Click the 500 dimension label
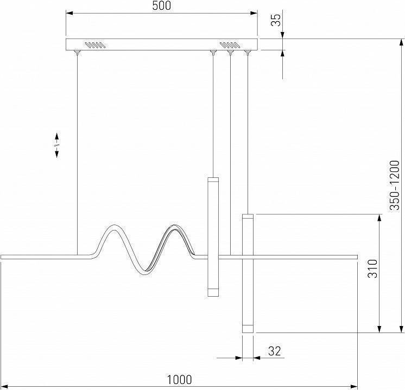point(162,6)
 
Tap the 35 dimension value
point(276,21)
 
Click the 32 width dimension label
point(275,351)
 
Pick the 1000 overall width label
point(179,380)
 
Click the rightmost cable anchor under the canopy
point(248,53)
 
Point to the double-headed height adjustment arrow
point(57,145)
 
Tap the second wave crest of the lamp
point(175,226)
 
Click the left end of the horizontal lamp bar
point(3,255)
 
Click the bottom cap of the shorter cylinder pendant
point(212,293)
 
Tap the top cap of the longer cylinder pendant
point(248,217)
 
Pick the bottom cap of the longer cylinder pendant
point(248,328)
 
